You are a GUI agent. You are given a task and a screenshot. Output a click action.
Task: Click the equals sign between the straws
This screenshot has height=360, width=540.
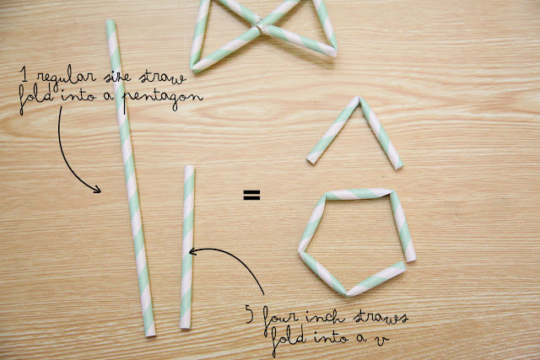click(x=251, y=196)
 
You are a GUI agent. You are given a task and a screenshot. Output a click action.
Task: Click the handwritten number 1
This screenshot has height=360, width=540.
click(x=30, y=78)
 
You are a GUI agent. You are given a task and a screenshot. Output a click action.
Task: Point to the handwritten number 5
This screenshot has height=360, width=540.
click(x=249, y=317)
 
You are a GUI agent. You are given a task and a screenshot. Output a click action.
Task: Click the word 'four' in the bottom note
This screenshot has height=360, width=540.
click(x=278, y=319)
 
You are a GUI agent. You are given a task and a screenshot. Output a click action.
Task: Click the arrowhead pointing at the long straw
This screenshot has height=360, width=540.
click(x=98, y=189)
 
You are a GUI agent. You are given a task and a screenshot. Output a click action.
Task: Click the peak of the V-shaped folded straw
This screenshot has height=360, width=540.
click(x=358, y=101)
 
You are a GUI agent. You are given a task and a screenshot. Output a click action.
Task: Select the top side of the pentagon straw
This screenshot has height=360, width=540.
click(x=359, y=195)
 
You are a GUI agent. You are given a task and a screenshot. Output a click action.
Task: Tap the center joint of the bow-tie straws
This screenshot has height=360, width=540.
click(x=257, y=31)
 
